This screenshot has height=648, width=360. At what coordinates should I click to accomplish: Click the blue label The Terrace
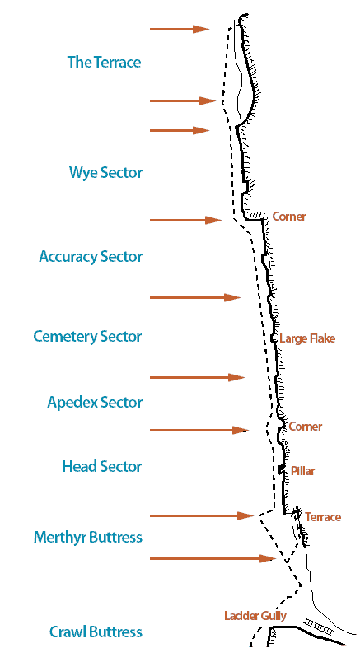104,63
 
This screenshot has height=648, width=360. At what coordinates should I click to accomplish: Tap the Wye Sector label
105,173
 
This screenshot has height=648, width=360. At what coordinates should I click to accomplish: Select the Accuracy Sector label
91,257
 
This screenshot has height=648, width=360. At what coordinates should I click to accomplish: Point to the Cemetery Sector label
87,337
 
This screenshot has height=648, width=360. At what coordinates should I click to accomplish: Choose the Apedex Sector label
95,402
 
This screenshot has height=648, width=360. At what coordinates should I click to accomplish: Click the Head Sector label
101,467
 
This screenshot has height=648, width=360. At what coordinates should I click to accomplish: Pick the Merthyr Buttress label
88,538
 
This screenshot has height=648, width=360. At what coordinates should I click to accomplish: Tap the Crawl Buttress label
96,632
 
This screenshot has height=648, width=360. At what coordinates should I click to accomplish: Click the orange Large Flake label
307,339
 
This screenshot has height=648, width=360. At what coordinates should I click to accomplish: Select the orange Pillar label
302,471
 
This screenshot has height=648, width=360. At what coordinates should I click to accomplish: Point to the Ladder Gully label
255,616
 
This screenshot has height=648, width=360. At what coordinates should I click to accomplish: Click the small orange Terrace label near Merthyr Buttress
323,517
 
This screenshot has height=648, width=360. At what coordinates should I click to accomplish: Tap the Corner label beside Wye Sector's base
289,217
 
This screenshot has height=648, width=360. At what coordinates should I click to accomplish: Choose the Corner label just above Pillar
305,427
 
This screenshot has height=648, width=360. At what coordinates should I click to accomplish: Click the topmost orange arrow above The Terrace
180,29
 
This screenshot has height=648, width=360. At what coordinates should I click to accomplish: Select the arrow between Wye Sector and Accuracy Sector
185,221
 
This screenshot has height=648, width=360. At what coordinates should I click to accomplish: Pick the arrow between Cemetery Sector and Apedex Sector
197,377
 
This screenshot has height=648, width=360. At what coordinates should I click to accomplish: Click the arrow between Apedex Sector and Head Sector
199,430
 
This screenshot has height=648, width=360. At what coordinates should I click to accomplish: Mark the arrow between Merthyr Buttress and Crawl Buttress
213,559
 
